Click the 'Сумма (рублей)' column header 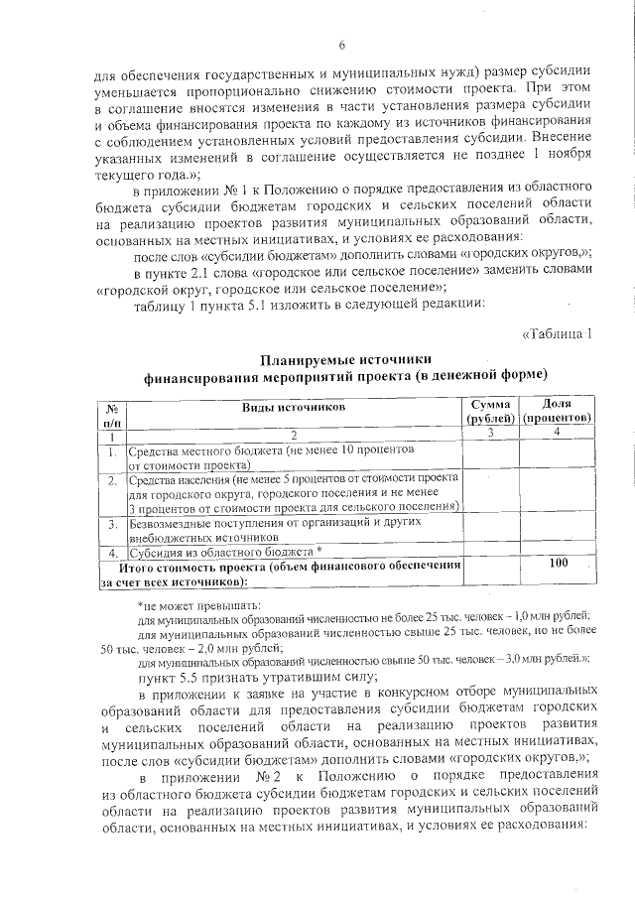click(x=490, y=411)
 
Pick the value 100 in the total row click(x=558, y=563)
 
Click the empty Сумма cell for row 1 click(x=490, y=455)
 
